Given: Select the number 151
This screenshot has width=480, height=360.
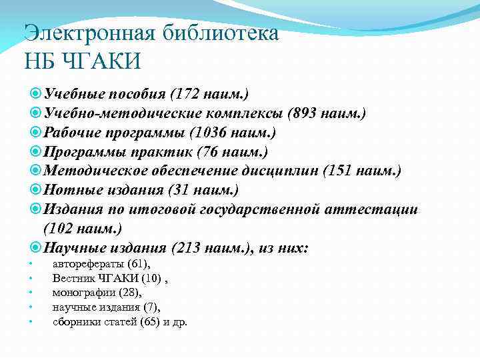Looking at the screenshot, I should [x=341, y=172].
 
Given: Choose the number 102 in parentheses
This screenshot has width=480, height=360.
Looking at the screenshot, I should [x=64, y=229].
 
